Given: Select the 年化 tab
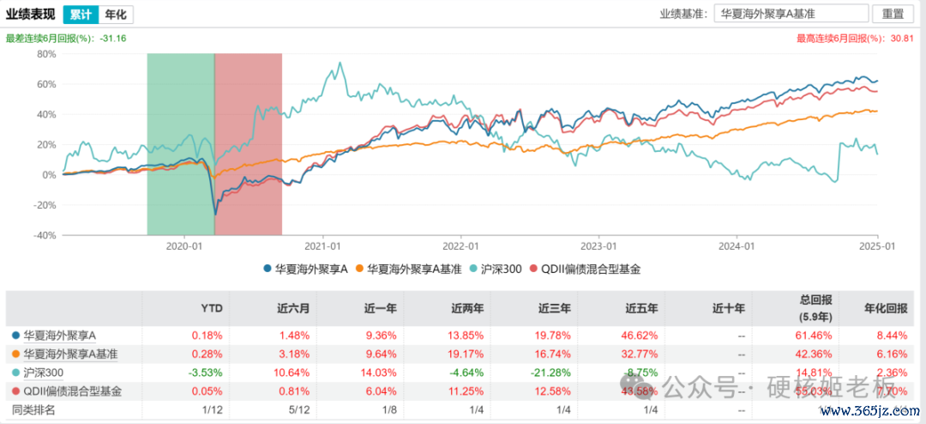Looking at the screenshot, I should [115, 15].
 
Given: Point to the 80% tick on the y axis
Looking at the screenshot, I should [45, 54].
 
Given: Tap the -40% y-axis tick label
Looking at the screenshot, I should [44, 235].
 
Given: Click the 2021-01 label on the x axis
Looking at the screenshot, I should [321, 246].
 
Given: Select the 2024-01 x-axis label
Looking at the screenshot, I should [737, 246].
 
